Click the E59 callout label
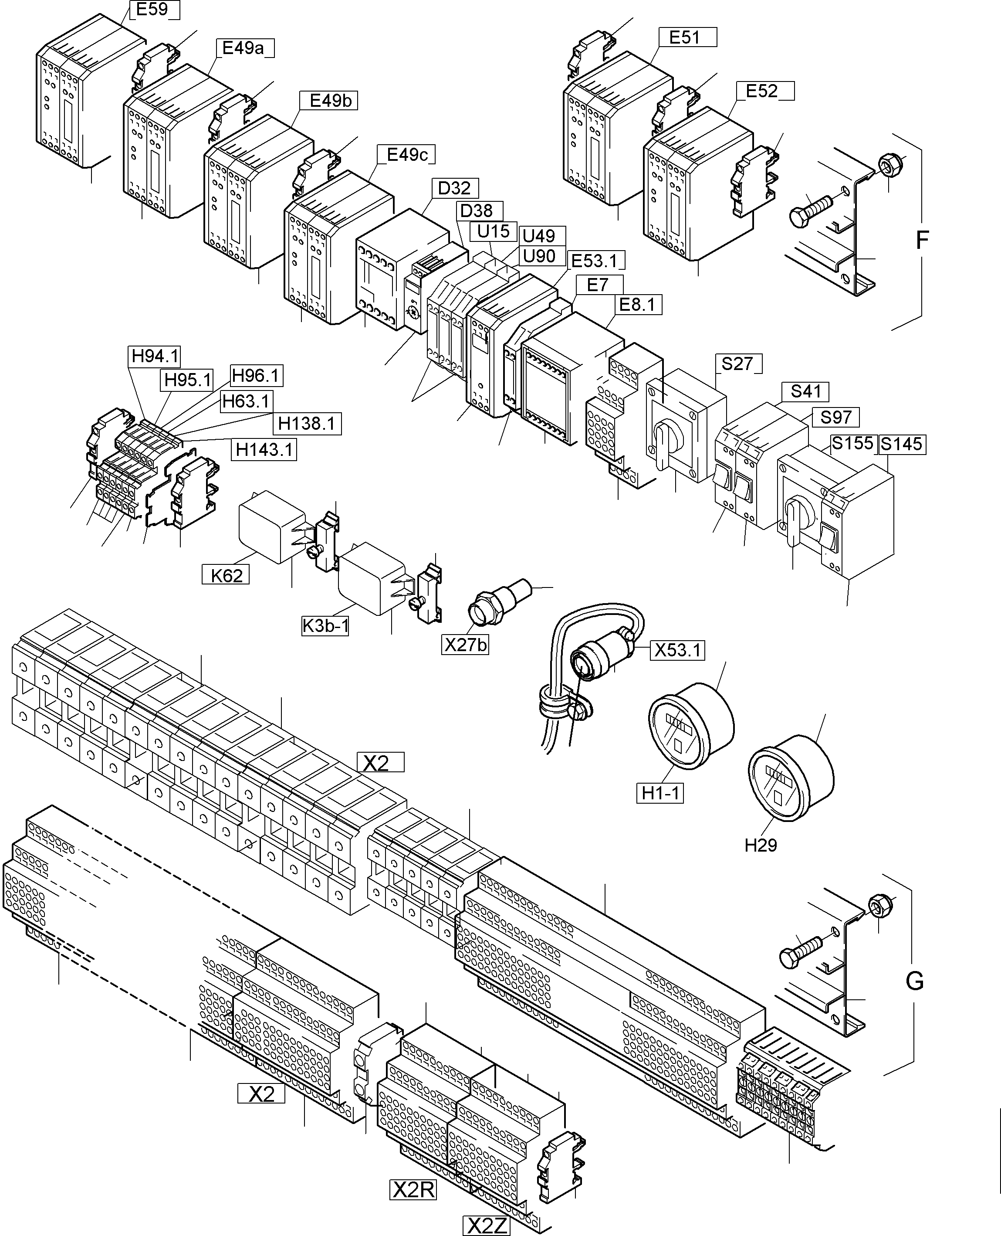(152, 10)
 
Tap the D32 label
(454, 188)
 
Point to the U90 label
(538, 256)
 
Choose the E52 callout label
(762, 91)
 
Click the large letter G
(914, 981)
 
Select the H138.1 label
(306, 423)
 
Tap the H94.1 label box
(155, 356)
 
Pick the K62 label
(226, 575)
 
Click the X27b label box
(465, 644)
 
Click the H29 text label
(761, 846)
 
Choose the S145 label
(902, 444)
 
